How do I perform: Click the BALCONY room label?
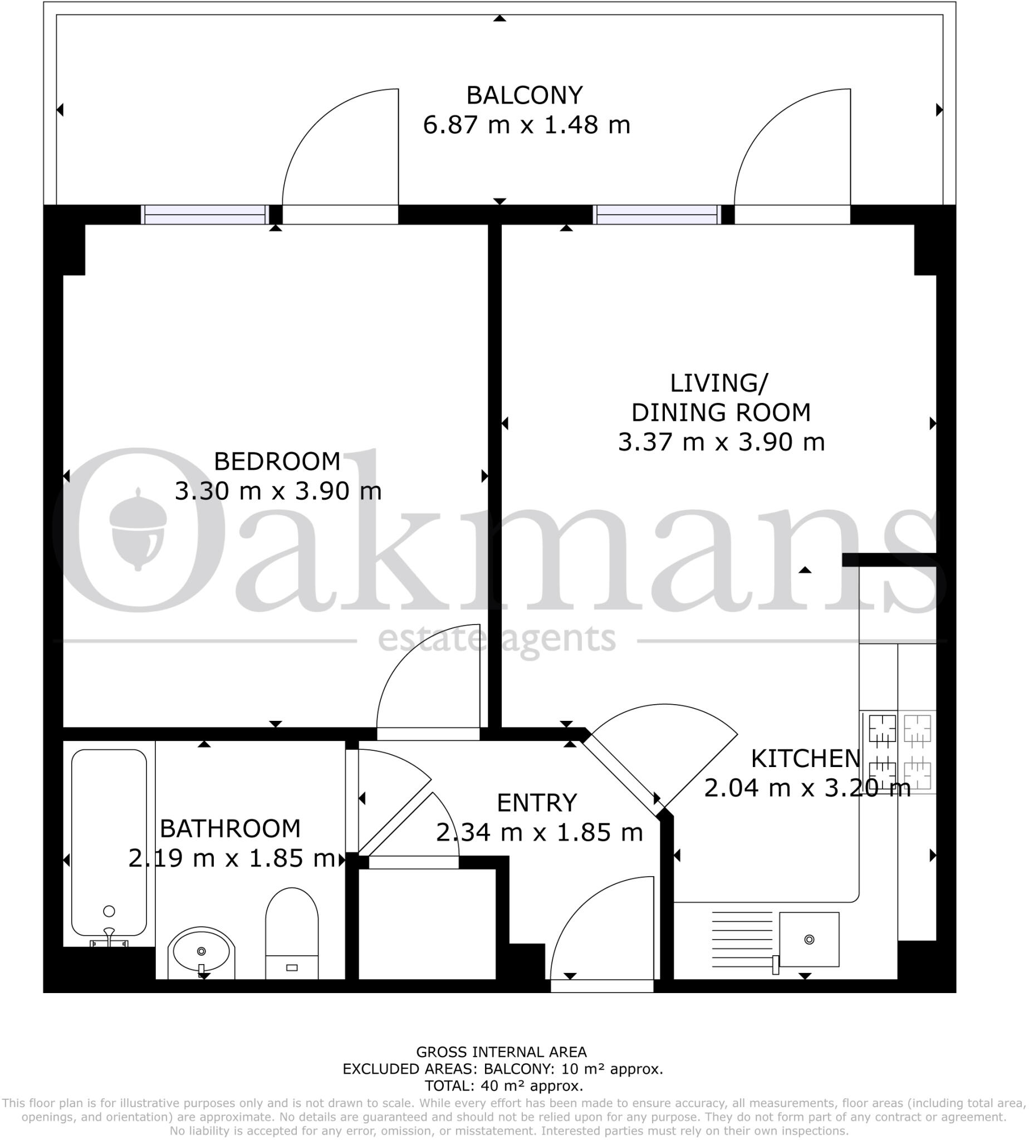(x=524, y=95)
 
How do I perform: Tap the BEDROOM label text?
(x=277, y=462)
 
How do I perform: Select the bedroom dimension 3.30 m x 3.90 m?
(x=278, y=491)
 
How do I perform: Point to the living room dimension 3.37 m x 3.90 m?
(x=722, y=442)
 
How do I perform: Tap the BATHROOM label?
(x=230, y=829)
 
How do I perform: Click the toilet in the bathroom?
(x=292, y=933)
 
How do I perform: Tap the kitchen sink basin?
(x=809, y=940)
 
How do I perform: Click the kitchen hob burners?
(x=899, y=751)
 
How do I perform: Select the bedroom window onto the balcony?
(x=205, y=215)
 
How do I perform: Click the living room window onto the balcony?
(x=657, y=215)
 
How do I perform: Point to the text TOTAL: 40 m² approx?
(x=504, y=1086)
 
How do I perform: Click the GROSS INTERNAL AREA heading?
(x=502, y=1052)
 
